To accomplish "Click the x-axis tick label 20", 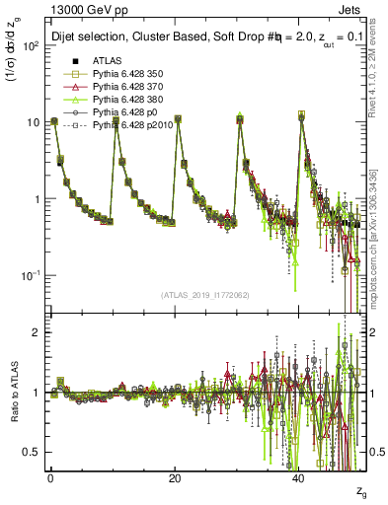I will tap(175, 477).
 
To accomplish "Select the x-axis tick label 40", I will tap(299, 477).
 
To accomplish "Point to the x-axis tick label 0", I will tap(50, 477).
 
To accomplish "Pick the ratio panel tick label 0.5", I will tap(35, 452).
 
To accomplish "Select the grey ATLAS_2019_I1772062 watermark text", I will tap(206, 295).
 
